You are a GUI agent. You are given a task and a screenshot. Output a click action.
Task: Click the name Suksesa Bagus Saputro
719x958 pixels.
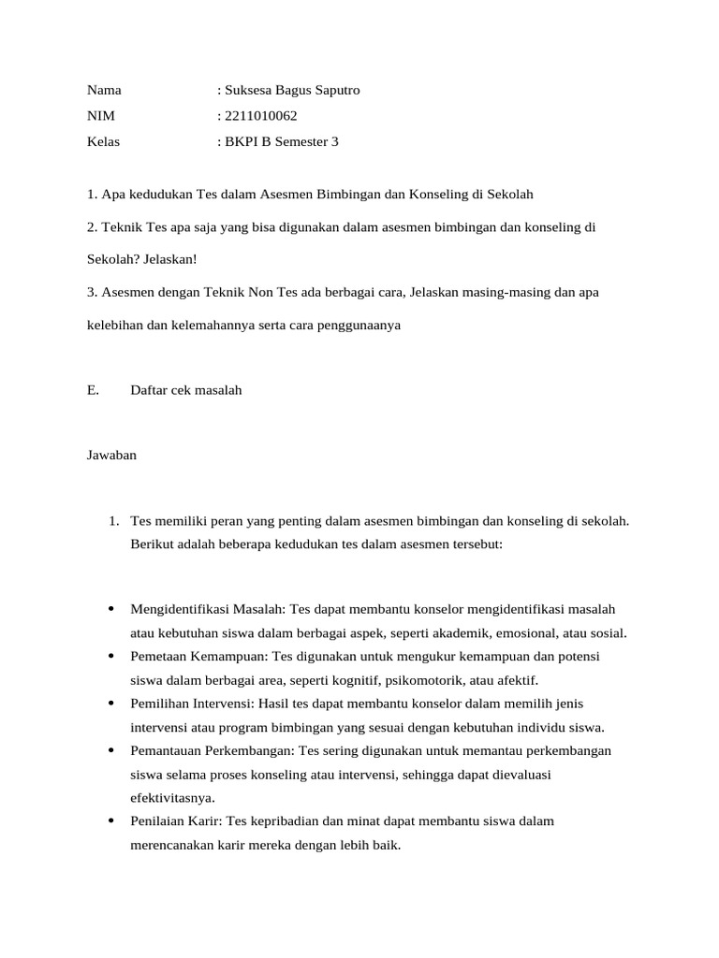(x=291, y=91)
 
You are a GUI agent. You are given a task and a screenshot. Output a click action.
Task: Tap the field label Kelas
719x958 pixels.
(x=103, y=142)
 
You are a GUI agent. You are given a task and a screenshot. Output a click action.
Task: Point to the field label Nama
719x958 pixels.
(x=104, y=91)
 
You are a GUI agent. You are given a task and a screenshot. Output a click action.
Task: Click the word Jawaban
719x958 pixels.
(x=111, y=456)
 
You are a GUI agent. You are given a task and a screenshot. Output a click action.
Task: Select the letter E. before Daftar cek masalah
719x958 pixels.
(x=93, y=390)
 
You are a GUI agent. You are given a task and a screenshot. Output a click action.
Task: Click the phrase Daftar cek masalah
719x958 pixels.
(x=186, y=390)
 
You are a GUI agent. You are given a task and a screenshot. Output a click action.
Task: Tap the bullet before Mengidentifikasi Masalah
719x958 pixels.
(x=111, y=609)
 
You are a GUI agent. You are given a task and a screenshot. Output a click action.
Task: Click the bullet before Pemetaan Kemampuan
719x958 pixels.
(x=111, y=656)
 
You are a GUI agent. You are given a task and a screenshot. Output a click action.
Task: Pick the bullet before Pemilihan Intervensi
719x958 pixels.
(x=111, y=703)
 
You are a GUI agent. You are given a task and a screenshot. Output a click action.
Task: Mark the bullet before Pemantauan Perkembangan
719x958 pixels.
(x=111, y=750)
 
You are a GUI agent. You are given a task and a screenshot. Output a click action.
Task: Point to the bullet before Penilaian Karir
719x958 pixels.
(x=111, y=821)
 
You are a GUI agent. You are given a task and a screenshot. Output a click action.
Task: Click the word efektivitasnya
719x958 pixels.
(x=172, y=798)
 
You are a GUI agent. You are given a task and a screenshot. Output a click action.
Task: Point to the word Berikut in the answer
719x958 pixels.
(x=153, y=544)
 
